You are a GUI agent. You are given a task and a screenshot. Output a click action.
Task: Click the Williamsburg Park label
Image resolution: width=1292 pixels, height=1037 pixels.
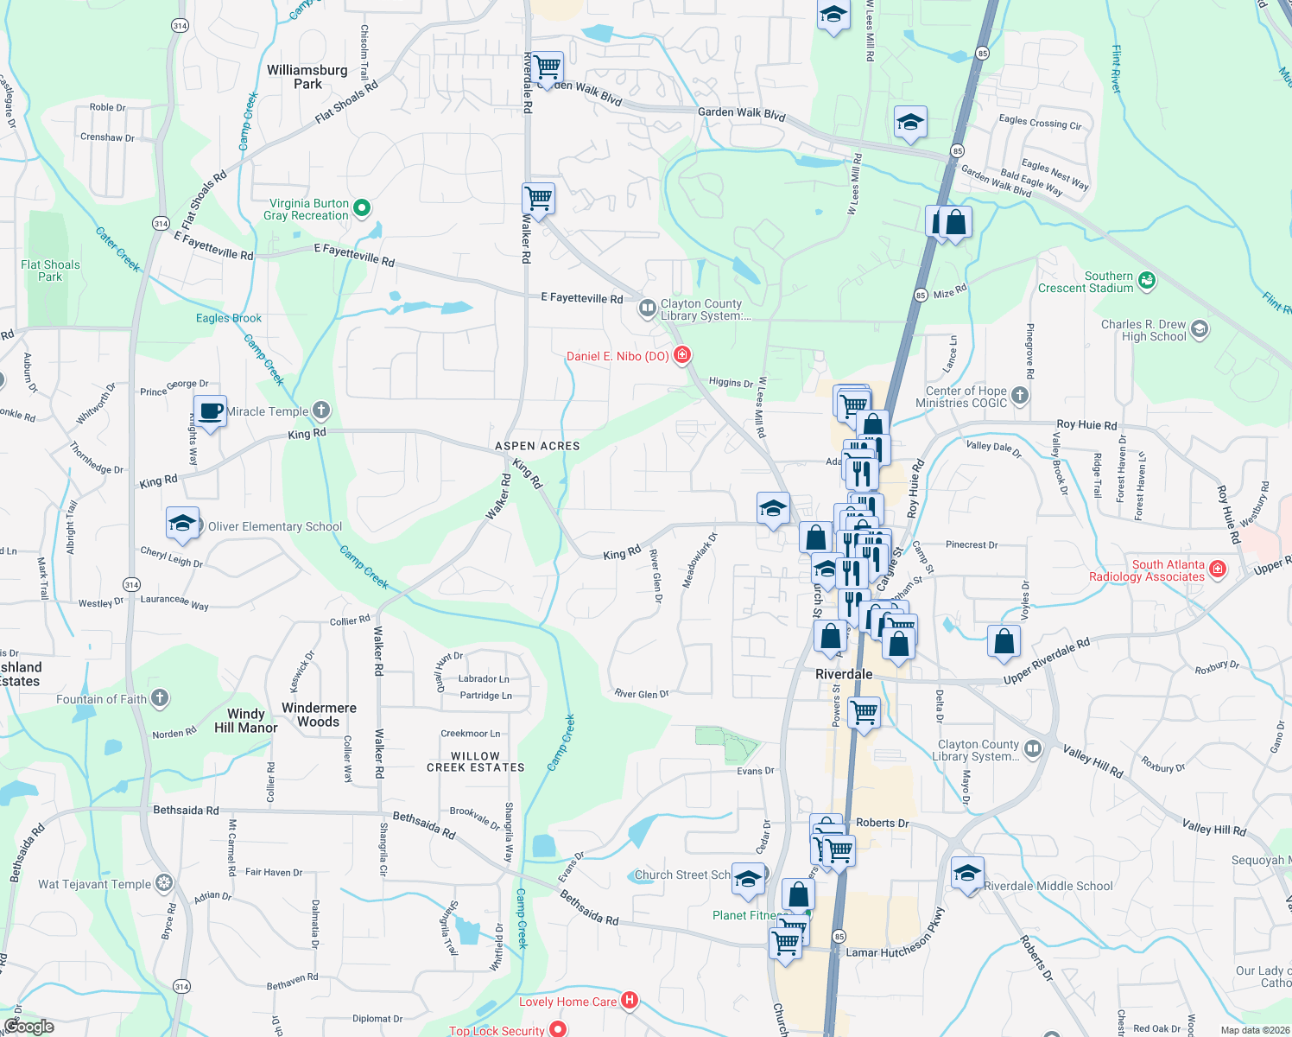307,77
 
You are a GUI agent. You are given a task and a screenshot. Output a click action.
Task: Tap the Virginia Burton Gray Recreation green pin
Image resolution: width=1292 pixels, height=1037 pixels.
363,207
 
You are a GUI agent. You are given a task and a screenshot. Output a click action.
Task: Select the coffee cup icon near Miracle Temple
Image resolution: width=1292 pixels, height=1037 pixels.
210,410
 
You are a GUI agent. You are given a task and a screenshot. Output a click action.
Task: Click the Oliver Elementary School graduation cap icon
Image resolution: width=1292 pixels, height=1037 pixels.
183,523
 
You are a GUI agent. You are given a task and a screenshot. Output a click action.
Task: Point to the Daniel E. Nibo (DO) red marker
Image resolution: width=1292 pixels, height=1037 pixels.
683,354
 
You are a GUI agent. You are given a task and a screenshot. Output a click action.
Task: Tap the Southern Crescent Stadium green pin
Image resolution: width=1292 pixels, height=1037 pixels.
1147,280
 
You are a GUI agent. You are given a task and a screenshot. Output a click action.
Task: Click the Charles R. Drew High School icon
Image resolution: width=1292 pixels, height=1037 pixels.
1200,328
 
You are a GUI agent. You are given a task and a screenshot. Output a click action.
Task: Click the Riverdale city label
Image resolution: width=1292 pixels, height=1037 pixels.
844,674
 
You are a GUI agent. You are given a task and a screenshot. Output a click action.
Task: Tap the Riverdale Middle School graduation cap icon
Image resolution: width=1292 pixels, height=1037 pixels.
967,873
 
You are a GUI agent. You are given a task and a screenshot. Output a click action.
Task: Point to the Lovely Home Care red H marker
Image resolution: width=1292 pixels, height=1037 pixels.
630,1001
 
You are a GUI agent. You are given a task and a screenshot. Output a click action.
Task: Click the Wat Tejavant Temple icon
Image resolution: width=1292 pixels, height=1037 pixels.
164,883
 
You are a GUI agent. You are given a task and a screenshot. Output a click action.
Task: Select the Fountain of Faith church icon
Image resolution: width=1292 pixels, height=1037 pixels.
160,698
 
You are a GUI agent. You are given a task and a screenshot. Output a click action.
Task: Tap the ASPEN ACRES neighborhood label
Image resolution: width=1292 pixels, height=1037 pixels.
537,446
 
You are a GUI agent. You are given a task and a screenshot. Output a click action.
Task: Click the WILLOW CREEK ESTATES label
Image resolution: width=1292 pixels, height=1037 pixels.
476,761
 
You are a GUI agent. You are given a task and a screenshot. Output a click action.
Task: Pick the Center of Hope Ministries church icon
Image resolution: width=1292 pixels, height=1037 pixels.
1020,396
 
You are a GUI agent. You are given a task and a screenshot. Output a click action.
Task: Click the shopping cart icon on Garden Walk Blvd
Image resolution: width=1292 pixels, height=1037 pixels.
548,67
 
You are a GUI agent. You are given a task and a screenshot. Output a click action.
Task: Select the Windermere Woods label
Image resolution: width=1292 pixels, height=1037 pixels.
319,715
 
